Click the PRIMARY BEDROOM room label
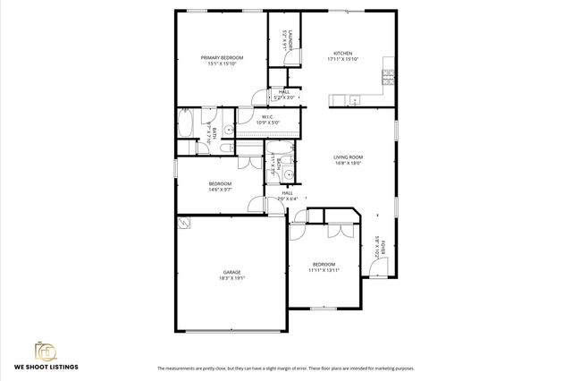click(222, 57)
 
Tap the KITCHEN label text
click(343, 54)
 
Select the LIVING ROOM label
click(349, 157)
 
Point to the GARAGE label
click(231, 272)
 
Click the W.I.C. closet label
click(267, 116)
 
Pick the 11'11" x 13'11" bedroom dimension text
click(324, 270)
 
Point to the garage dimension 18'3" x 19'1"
click(231, 279)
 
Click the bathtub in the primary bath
click(189, 123)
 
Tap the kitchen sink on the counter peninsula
click(355, 98)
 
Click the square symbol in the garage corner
click(184, 223)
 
